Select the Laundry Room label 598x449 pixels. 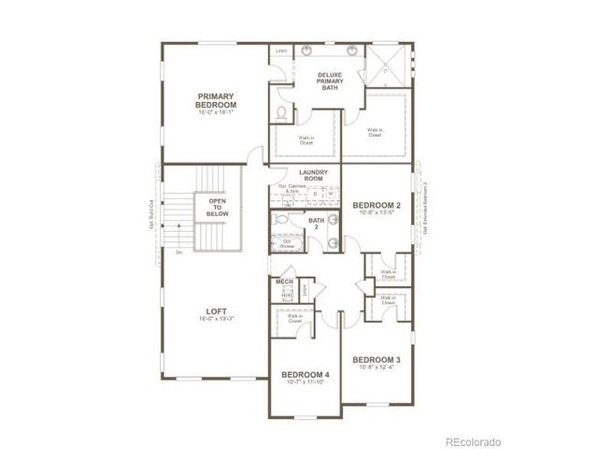[312, 176]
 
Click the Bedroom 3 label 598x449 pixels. [377, 359]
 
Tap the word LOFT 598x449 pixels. [216, 311]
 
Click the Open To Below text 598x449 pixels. [218, 208]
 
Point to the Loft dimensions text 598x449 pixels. [216, 319]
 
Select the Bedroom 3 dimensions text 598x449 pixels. [377, 367]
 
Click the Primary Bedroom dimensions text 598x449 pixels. [215, 111]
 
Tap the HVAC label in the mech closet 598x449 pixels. [286, 295]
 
